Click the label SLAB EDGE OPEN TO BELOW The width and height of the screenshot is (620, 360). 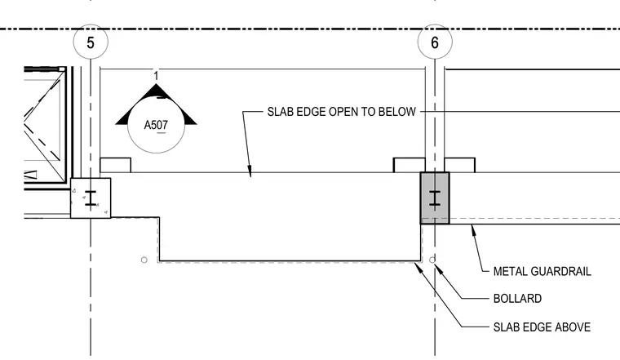coord(341,112)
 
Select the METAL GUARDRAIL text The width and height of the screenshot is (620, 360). coord(542,271)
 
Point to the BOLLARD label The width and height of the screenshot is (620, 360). coord(517,298)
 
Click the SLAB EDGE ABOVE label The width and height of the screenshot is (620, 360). coord(542,327)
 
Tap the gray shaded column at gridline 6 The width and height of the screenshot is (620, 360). coord(435,198)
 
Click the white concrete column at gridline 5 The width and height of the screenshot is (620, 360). coord(91,198)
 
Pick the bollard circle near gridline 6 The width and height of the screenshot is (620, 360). coord(432,260)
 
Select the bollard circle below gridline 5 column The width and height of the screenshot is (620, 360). coord(144,260)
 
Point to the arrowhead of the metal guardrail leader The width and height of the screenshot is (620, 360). coord(472,229)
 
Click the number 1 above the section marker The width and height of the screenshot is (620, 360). coord(156,76)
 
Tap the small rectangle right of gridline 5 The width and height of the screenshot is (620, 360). coord(116,166)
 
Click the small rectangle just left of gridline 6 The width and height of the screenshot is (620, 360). coord(410,166)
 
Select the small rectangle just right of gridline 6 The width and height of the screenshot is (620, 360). coord(460,166)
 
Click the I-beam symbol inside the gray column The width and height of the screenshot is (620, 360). coord(435,198)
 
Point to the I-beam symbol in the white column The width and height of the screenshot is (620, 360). coord(91,198)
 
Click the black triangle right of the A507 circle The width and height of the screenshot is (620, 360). coord(189,118)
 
